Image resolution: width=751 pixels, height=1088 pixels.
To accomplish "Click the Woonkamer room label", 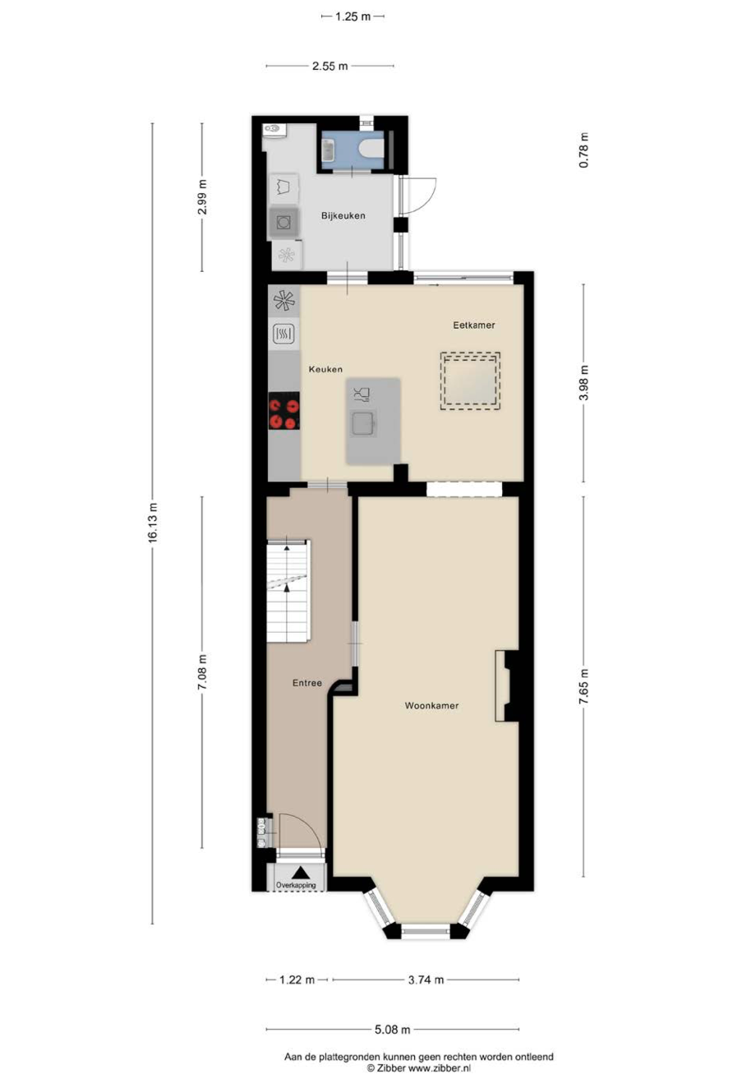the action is click(x=431, y=705).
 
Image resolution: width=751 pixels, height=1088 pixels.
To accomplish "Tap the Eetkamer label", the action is click(x=473, y=325).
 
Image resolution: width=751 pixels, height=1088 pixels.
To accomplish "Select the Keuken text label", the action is click(x=325, y=369).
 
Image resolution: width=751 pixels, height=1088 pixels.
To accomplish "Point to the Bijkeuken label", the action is click(x=343, y=215).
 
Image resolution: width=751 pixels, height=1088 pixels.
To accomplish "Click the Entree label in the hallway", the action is click(x=307, y=682).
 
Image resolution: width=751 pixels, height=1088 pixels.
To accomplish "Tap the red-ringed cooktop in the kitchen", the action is click(x=284, y=410).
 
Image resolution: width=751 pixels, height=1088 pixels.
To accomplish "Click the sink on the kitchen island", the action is click(x=363, y=422).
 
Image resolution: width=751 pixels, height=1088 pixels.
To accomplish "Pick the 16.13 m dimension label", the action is click(x=153, y=522).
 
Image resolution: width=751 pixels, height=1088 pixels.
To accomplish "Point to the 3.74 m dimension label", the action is click(x=426, y=980).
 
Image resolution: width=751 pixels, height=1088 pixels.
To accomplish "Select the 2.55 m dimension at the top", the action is click(x=329, y=66).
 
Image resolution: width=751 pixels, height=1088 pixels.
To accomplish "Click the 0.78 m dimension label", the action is click(x=583, y=150).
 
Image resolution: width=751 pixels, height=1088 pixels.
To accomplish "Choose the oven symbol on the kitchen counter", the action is click(x=284, y=334).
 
